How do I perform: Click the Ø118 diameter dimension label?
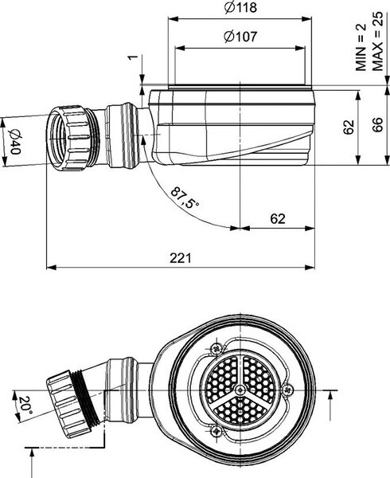coord(240,7)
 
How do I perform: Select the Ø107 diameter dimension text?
coord(240,37)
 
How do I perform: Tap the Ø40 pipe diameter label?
coord(14,142)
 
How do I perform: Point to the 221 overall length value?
coord(181,258)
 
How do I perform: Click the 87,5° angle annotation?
coord(185,198)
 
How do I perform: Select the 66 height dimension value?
coord(377,124)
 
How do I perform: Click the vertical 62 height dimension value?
coord(349,127)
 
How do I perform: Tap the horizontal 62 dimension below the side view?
coord(278,218)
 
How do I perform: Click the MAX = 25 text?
coord(377,41)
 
